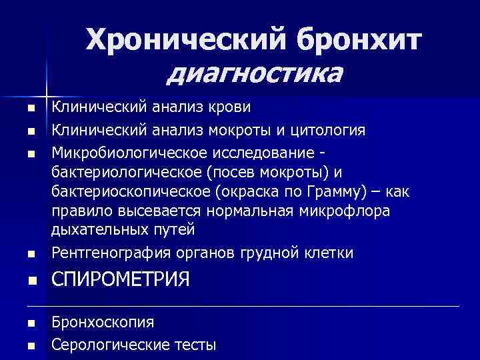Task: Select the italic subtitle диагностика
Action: (x=255, y=71)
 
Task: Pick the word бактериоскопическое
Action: (x=122, y=192)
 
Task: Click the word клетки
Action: (x=330, y=253)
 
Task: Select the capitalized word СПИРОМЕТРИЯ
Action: (x=121, y=279)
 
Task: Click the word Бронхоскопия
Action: (x=103, y=322)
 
